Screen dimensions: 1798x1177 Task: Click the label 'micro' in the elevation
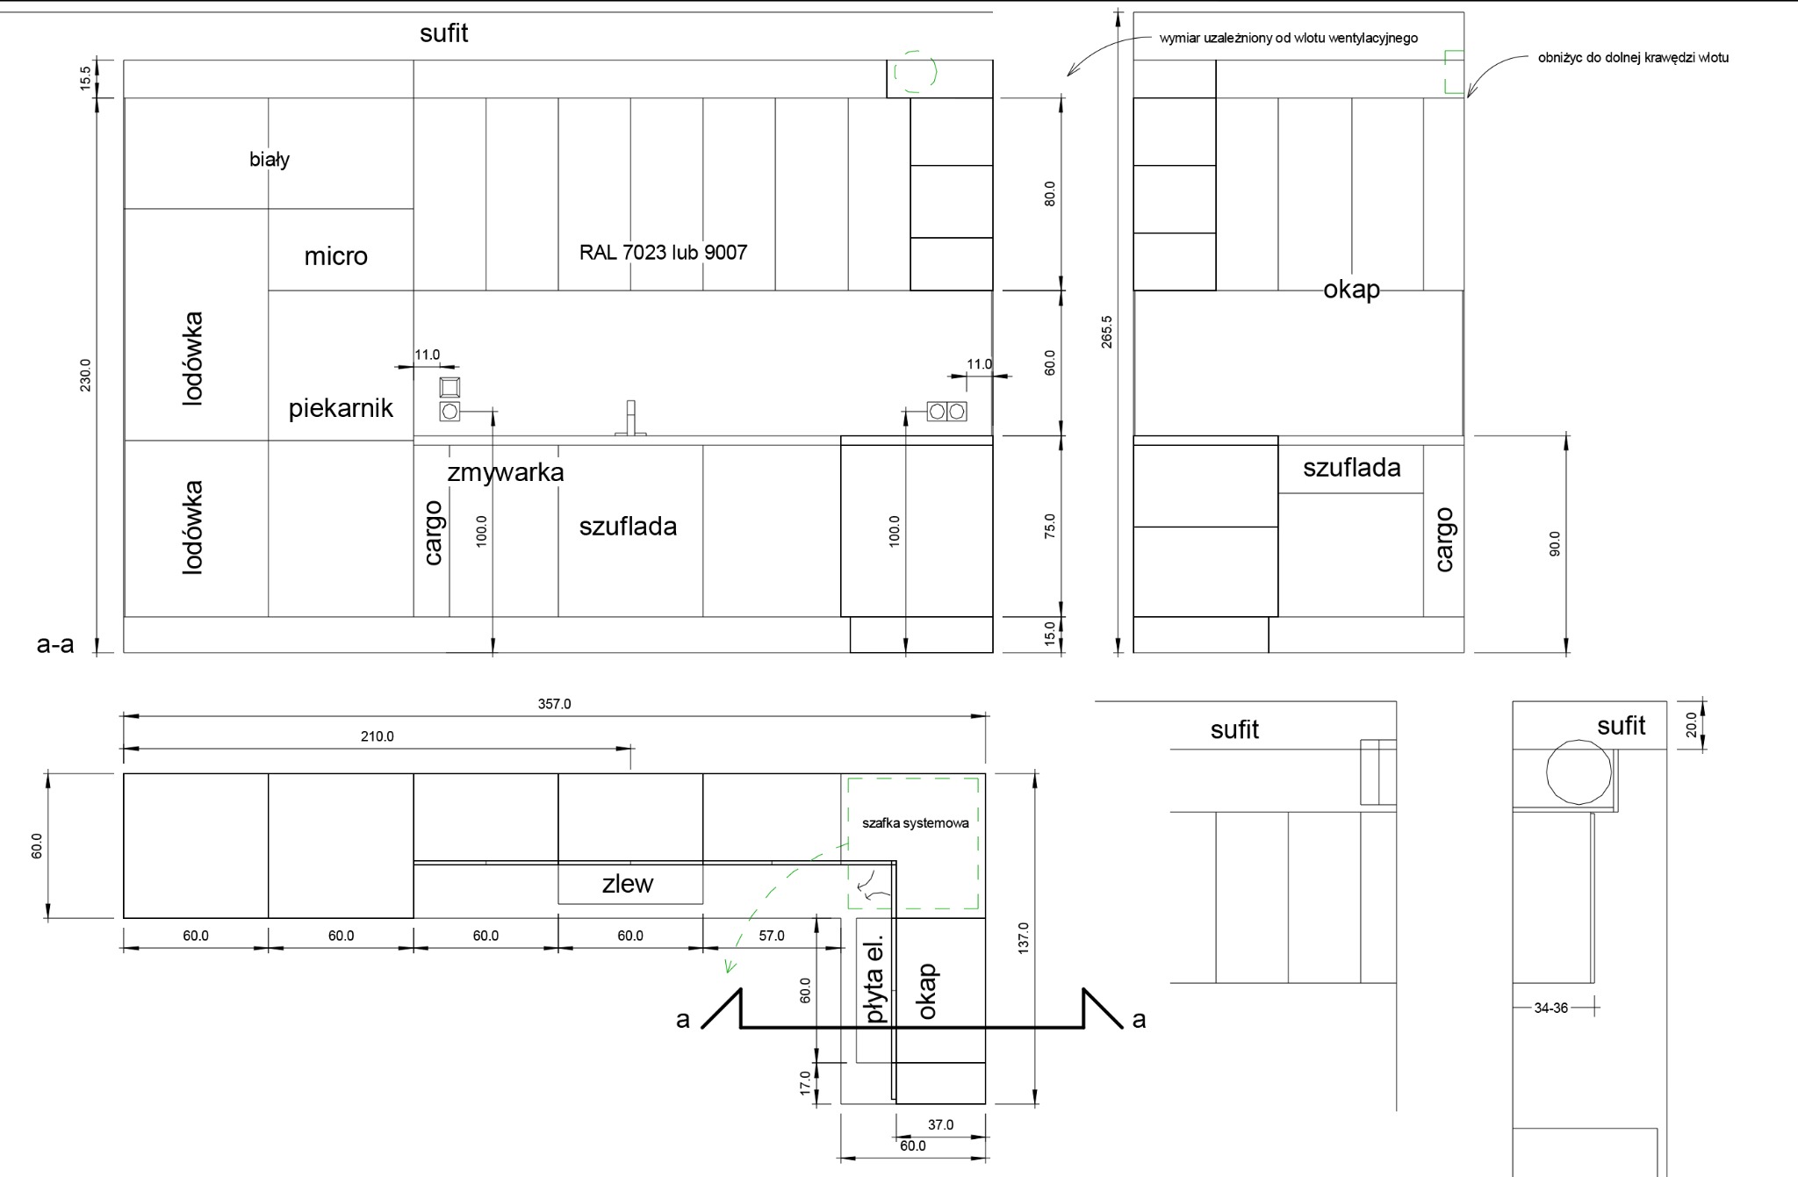coord(335,256)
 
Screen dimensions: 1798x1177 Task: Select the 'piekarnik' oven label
coord(341,408)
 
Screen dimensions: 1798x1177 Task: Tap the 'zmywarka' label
coord(506,472)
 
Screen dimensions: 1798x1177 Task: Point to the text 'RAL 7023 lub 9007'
coord(663,253)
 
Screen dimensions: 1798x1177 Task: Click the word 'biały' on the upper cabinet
coord(270,160)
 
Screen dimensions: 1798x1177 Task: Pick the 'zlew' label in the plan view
coord(628,884)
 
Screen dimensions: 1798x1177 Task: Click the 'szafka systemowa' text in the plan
coord(915,823)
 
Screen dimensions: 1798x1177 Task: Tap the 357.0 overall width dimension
coord(554,704)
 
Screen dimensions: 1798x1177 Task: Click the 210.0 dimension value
coord(377,736)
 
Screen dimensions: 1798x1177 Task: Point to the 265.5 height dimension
coord(1107,332)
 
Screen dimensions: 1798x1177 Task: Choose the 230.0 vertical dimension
coord(85,375)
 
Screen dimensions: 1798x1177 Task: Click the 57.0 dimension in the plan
coord(772,936)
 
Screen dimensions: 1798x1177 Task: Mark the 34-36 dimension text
coord(1550,1008)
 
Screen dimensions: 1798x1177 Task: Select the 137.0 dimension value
coord(1023,938)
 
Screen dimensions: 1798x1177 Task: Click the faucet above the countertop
coord(631,419)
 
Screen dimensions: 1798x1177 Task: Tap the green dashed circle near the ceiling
coord(916,71)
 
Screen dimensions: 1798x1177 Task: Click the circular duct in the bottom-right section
coord(1579,772)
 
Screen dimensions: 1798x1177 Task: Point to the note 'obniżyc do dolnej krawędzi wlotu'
coord(1633,58)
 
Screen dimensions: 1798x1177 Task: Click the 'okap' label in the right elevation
coord(1351,289)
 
